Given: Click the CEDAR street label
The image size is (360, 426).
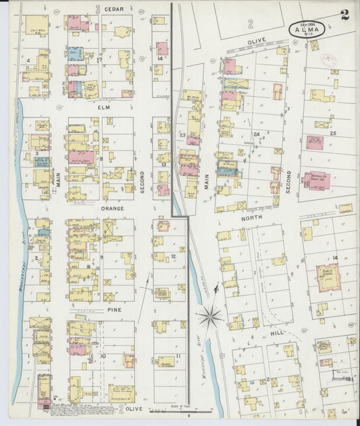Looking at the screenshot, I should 113,9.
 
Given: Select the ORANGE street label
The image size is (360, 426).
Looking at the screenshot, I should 112,209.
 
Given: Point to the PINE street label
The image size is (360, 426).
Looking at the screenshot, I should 113,309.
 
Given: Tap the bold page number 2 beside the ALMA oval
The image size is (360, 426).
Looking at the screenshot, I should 345,16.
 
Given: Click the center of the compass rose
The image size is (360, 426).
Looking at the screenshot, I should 211,315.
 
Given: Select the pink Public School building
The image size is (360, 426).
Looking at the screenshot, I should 328,277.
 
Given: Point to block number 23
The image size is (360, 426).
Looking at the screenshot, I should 182,135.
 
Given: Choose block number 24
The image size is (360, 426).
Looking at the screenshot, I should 256,134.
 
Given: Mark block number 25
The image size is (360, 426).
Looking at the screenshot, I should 332,134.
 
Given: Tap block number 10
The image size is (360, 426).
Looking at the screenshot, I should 103,356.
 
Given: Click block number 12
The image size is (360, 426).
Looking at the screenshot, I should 174,257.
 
